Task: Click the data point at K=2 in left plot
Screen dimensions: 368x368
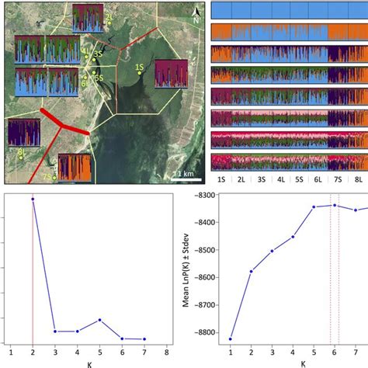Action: click(33, 199)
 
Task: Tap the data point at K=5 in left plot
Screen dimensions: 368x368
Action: click(99, 320)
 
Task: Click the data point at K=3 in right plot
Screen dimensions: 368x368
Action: click(273, 251)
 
